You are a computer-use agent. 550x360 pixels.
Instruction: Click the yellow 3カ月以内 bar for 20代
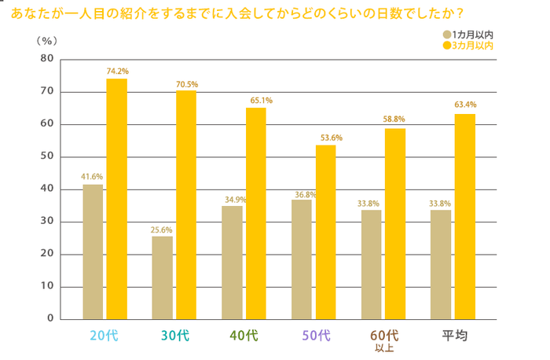[116, 199]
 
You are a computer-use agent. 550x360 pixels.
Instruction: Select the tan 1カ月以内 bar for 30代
[162, 277]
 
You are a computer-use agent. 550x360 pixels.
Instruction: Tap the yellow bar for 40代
[255, 213]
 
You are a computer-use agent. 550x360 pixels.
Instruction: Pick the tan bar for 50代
[301, 259]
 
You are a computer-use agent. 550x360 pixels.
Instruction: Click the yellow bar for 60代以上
[394, 223]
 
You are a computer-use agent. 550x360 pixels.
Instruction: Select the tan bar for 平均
[441, 264]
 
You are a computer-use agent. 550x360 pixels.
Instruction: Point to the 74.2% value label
[117, 72]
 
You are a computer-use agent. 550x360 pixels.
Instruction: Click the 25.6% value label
[162, 230]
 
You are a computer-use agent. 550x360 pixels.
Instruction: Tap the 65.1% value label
[256, 101]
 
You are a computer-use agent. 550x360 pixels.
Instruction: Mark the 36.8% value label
[301, 193]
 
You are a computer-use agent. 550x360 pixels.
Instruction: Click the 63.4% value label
[465, 105]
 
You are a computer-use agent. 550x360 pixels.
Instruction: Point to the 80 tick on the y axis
[46, 59]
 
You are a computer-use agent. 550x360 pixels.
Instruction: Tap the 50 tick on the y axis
[46, 156]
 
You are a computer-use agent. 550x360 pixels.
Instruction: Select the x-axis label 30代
[174, 336]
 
